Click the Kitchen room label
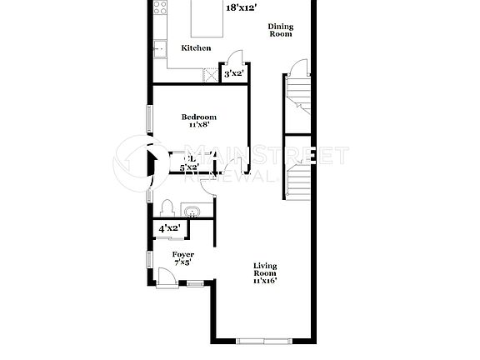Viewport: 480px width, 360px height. [x=196, y=48]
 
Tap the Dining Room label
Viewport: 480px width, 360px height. [x=280, y=31]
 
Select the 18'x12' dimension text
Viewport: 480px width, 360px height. [x=241, y=8]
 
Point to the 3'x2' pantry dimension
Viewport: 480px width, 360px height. [x=234, y=75]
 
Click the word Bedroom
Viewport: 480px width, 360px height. [x=199, y=117]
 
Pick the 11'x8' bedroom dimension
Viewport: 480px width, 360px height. [x=199, y=126]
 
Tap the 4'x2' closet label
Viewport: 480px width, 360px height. [x=170, y=227]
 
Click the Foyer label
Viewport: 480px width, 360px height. [x=183, y=254]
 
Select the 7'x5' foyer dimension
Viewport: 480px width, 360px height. [x=183, y=262]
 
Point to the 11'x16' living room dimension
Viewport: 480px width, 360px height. [x=265, y=281]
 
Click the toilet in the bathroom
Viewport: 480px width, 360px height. [x=167, y=207]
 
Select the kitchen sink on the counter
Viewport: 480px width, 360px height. [x=159, y=48]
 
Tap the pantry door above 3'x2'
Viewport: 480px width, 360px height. [x=236, y=60]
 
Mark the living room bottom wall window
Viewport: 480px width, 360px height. [x=262, y=340]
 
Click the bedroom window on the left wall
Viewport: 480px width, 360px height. [x=150, y=118]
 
